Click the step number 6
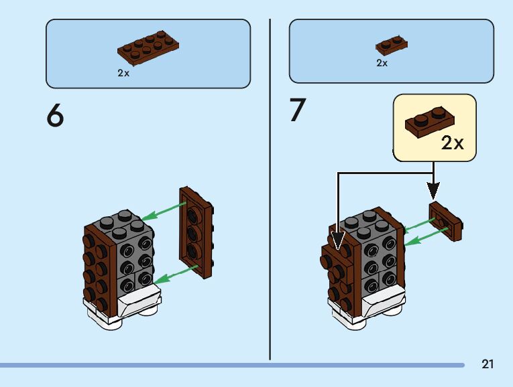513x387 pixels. coord(55,116)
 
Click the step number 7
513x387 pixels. coord(297,110)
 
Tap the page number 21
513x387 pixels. coord(488,364)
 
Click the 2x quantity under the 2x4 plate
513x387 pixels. coord(123,73)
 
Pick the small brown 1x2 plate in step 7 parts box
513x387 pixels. coord(392,45)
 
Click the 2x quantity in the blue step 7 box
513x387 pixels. coord(382,63)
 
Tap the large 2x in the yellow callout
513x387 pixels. coord(453,143)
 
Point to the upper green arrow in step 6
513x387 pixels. coord(160,213)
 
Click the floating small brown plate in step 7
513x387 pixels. coord(447,220)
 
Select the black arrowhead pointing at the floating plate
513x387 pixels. coord(434,189)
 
